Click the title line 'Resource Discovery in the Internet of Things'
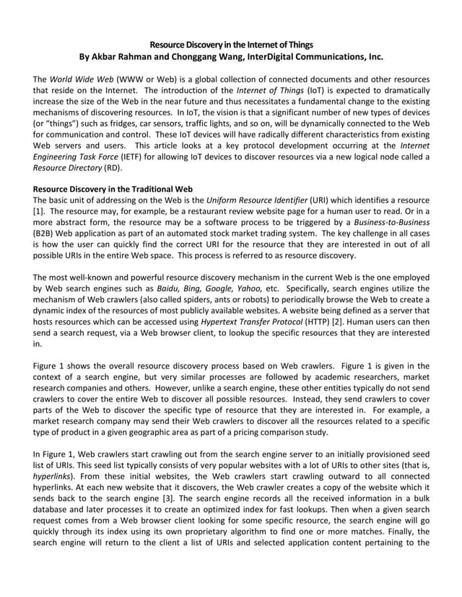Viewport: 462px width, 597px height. (x=231, y=44)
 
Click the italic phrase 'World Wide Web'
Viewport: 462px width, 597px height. (x=82, y=79)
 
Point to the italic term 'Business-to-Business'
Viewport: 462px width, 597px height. (x=394, y=224)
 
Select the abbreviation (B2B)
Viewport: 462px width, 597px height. (x=46, y=235)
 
